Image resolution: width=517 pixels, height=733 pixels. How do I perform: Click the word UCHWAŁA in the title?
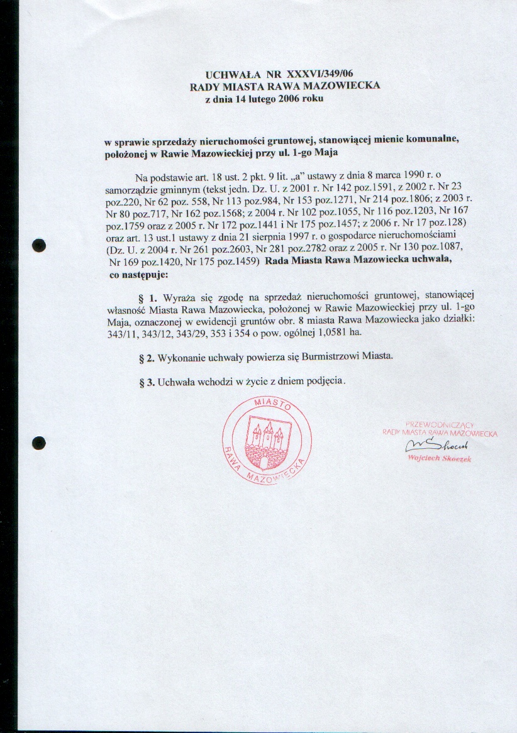229,74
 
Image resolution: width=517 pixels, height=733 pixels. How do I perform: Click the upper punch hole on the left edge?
39,245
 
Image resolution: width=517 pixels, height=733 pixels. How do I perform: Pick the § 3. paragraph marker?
147,382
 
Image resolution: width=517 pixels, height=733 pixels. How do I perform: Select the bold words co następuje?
138,275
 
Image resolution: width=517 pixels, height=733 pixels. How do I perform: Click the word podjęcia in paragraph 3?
324,382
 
